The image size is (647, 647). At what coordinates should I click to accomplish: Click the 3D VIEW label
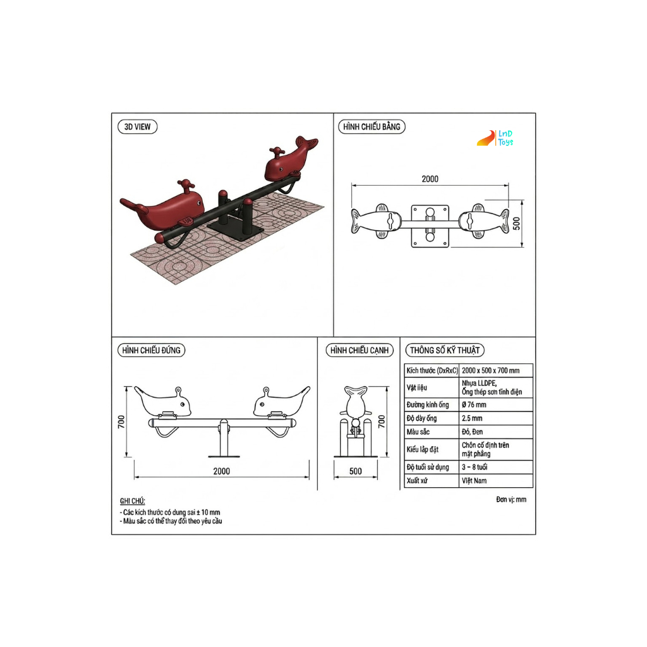137,126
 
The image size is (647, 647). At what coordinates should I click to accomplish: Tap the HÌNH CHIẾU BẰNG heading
372,126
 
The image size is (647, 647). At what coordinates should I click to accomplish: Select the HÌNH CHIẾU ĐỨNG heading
152,350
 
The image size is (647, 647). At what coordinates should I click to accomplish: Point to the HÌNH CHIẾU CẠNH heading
360,350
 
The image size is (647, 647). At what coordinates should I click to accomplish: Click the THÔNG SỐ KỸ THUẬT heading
444,350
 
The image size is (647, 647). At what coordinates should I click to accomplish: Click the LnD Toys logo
495,138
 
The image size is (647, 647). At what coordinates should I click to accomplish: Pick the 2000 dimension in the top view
430,179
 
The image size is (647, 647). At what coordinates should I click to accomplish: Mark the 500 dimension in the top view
516,224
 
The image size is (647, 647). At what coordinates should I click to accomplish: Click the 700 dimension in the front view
121,421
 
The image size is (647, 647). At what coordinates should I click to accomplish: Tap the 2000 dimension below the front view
222,471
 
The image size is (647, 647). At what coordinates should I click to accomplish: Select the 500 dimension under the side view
355,471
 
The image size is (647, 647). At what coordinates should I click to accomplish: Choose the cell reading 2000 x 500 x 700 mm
490,370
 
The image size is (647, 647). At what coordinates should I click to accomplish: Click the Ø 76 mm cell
474,405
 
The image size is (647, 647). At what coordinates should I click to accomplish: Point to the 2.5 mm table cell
472,418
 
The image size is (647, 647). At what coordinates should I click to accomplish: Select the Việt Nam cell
474,481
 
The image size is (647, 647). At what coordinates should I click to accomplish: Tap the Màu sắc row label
418,432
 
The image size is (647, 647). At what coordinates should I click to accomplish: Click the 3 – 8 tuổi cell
475,467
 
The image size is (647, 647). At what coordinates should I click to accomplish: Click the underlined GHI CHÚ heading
133,501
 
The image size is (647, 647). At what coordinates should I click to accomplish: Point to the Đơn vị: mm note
511,499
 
